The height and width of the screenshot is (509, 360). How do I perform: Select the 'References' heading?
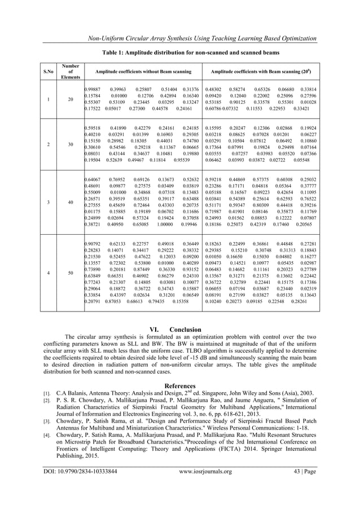coord(180,386)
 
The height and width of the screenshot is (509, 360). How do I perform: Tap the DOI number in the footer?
coord(80,486)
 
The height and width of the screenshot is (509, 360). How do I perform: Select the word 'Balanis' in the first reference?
coord(78,393)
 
